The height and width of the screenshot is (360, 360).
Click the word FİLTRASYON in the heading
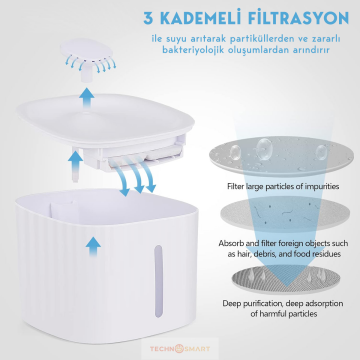pos(299,18)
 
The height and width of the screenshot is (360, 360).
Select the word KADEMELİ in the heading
pos(201,18)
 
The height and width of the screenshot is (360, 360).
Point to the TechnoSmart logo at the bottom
pos(180,349)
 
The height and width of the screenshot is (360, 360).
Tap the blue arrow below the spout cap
pos(86,97)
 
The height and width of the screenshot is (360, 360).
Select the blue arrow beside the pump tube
pos(75,161)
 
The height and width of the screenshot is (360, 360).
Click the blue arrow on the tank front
pos(93,246)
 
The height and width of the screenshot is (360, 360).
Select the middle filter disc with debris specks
pos(285,213)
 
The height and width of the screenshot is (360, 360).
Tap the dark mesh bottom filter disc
pos(286,279)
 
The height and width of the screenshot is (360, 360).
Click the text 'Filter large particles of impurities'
pos(283,186)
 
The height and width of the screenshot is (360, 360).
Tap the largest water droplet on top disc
pos(264,146)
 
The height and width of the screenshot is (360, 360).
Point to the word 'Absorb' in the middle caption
pos(230,243)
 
